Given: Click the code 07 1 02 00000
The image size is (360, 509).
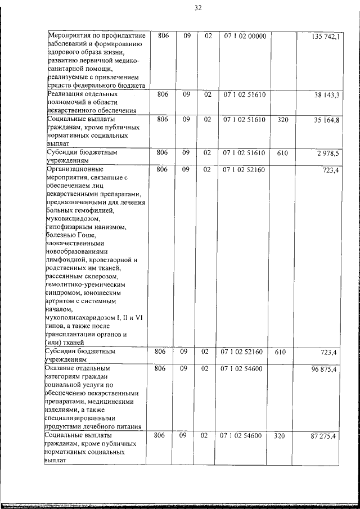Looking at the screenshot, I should point(244,37).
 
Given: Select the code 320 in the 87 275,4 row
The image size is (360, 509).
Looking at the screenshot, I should point(280,436).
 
